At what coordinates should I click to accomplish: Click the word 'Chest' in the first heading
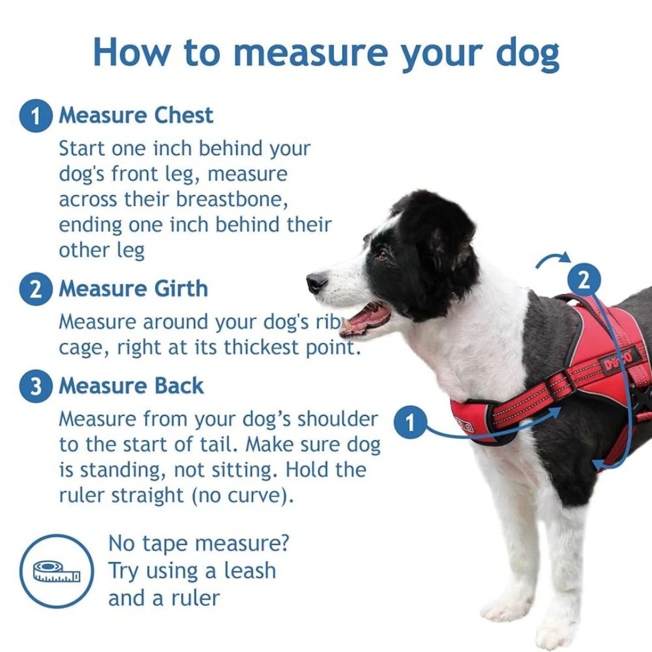184,116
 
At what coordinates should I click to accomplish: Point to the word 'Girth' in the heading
181,289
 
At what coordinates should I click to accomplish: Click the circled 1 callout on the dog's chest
410,423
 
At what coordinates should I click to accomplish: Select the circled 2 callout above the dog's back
585,281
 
